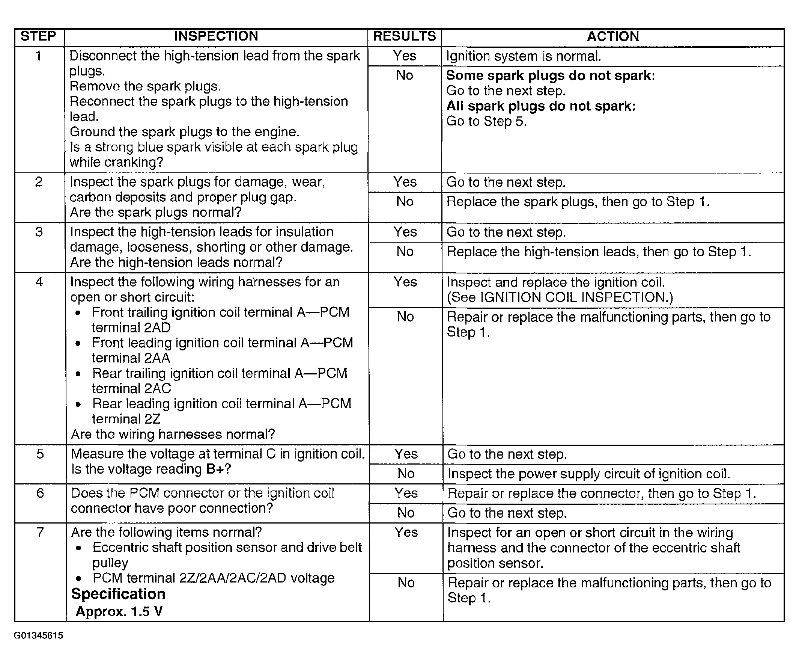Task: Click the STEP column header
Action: coord(38,36)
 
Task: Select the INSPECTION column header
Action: coord(216,36)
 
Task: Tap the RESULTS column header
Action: coord(404,36)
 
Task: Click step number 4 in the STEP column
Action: coord(39,282)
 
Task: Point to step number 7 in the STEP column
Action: coord(40,532)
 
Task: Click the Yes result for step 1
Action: coord(405,56)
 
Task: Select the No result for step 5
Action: coord(406,474)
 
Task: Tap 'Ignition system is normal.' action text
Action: coord(524,57)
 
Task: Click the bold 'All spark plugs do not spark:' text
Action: coord(541,106)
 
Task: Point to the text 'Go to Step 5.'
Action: coord(486,121)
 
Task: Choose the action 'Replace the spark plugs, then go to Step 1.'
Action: coord(578,202)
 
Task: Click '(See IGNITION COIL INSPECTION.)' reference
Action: coord(560,297)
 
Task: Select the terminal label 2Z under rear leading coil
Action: coord(152,419)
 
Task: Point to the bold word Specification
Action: coord(118,594)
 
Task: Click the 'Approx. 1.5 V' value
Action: coord(119,611)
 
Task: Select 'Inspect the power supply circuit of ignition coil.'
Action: coord(588,474)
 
